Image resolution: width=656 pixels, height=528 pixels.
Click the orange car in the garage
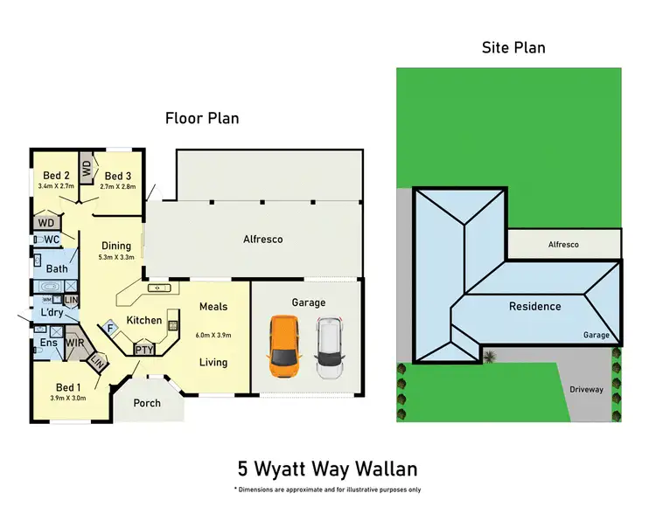(x=284, y=345)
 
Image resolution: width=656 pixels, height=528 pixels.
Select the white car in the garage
(x=329, y=347)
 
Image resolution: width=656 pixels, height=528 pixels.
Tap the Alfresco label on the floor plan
(x=262, y=239)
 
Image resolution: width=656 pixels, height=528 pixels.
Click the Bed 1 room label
(x=67, y=387)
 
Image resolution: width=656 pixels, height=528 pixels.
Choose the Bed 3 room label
(x=118, y=175)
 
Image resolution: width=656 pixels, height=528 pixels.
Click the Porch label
(x=147, y=403)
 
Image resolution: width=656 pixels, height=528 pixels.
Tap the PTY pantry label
(x=144, y=350)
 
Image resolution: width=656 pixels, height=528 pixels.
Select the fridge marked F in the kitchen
(x=110, y=329)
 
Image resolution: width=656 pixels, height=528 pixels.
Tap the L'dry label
(x=49, y=313)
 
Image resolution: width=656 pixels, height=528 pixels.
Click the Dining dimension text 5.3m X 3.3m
(x=116, y=257)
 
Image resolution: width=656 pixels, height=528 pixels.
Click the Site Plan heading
(x=513, y=47)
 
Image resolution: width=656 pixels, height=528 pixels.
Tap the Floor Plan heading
(x=203, y=118)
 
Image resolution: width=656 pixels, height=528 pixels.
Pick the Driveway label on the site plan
(x=586, y=389)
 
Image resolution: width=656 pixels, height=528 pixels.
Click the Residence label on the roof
(x=535, y=306)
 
